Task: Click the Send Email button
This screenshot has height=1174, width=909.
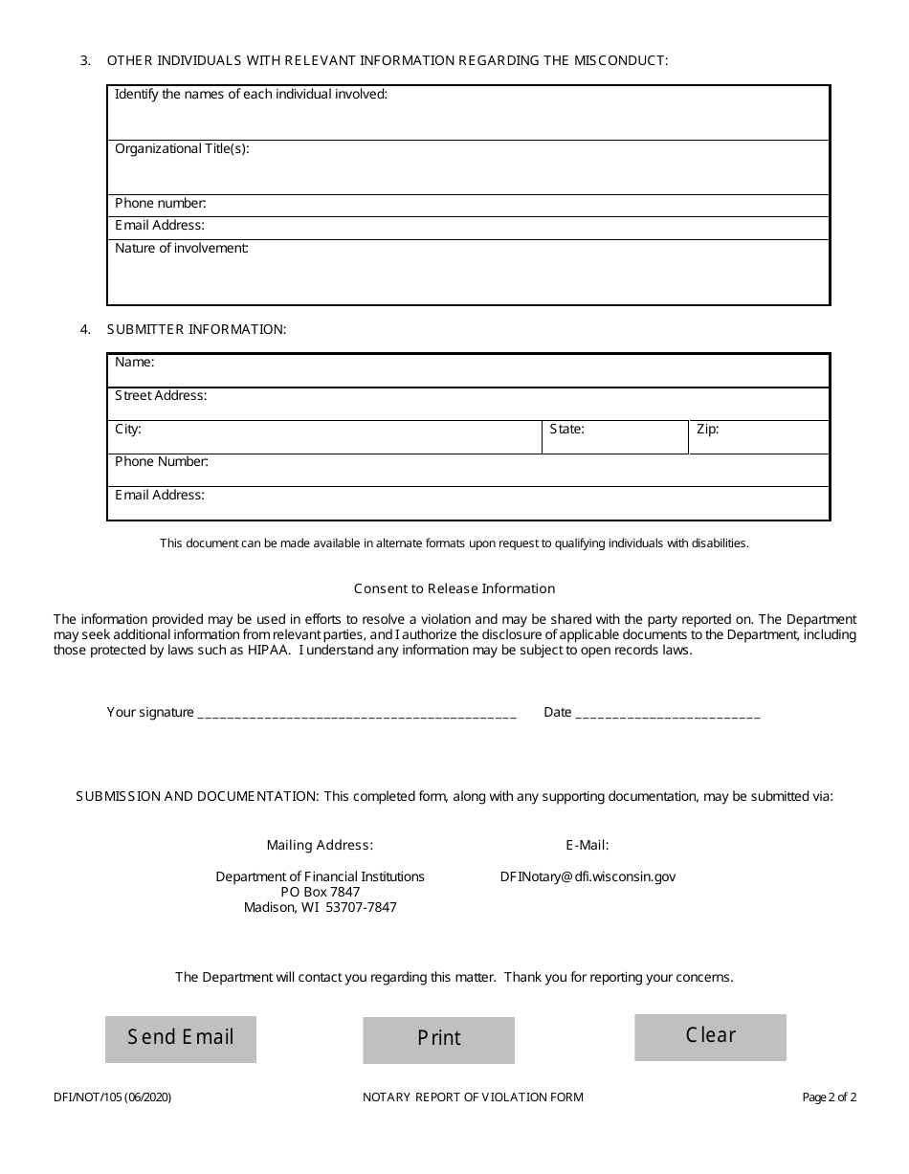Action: [x=181, y=1038]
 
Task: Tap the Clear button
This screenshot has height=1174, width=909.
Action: [x=710, y=1036]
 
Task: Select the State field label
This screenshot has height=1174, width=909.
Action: [x=566, y=430]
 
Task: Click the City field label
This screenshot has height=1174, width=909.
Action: [x=128, y=430]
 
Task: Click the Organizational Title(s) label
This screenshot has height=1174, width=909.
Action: [x=182, y=149]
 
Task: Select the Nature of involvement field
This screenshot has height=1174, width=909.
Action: [x=469, y=277]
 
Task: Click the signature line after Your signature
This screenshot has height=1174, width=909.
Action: [x=356, y=713]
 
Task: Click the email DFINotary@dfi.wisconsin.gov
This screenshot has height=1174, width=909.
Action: [x=588, y=876]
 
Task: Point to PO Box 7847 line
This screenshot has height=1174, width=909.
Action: [x=320, y=892]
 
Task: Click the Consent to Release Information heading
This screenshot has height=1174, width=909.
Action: [x=454, y=588]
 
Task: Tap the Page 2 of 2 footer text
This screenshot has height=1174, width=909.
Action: [x=829, y=1097]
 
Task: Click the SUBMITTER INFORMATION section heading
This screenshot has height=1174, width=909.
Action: [x=196, y=329]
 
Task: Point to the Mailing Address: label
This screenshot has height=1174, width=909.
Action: [x=320, y=845]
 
